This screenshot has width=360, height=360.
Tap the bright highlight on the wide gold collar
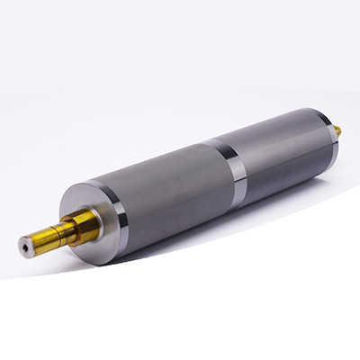(x=76, y=216)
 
